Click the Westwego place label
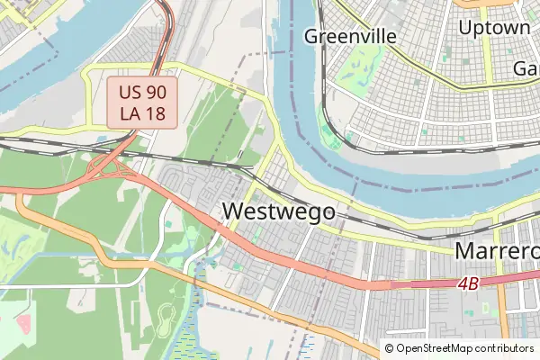pos(277,211)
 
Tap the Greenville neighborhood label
pos(350,36)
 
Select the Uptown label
pos(494,28)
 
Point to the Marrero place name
pos(496,251)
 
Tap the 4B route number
pos(467,283)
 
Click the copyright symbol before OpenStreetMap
pos(390,348)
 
